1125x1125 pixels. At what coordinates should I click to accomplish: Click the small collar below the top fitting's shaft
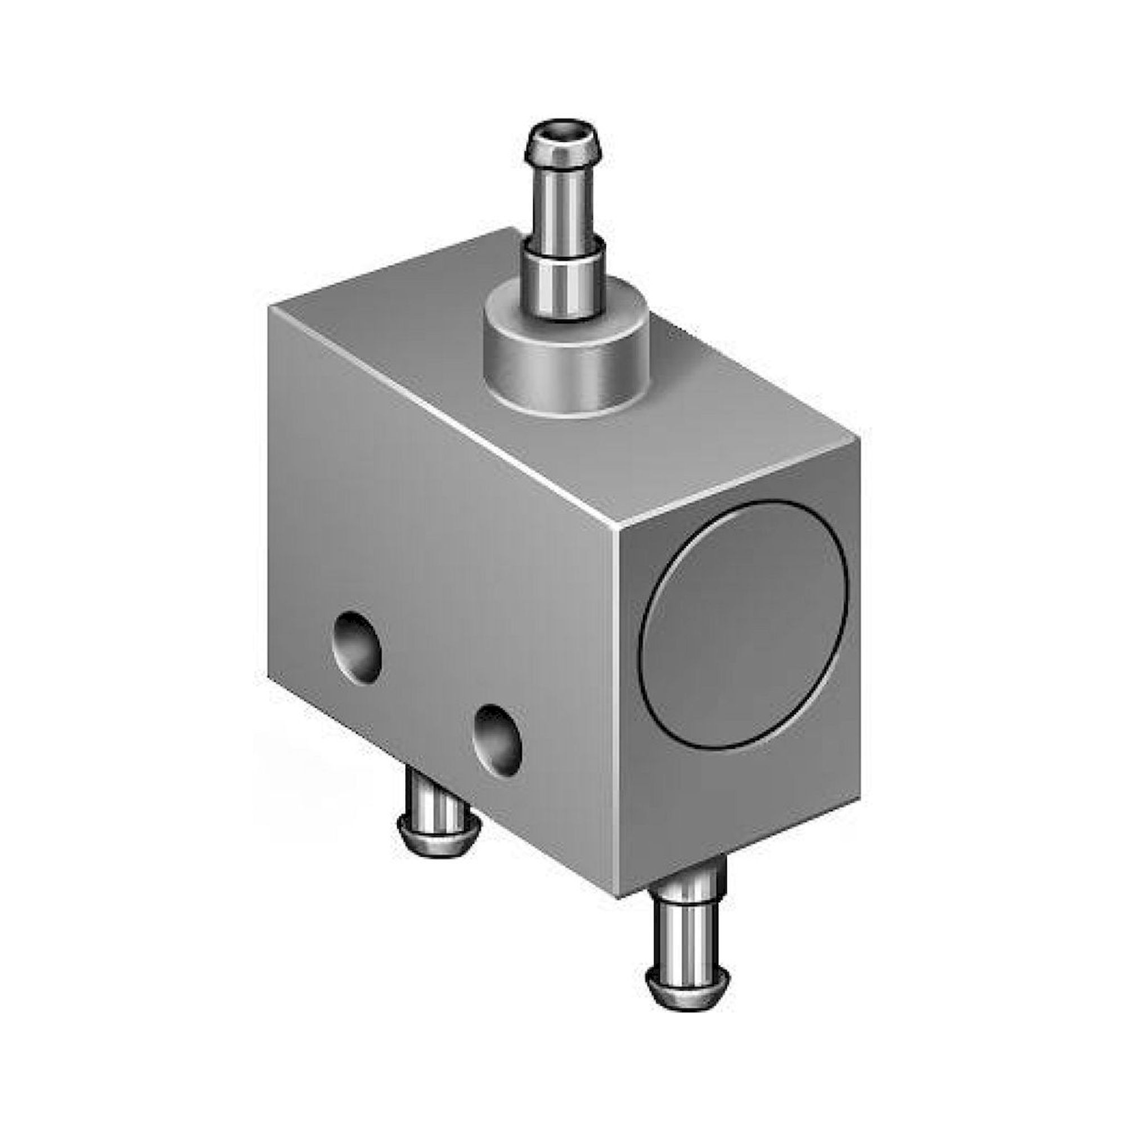(x=563, y=280)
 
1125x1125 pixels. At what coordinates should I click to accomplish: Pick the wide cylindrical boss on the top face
(x=566, y=373)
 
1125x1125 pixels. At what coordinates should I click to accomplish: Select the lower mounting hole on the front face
(x=497, y=737)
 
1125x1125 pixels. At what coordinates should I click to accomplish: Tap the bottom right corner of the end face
(x=859, y=801)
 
